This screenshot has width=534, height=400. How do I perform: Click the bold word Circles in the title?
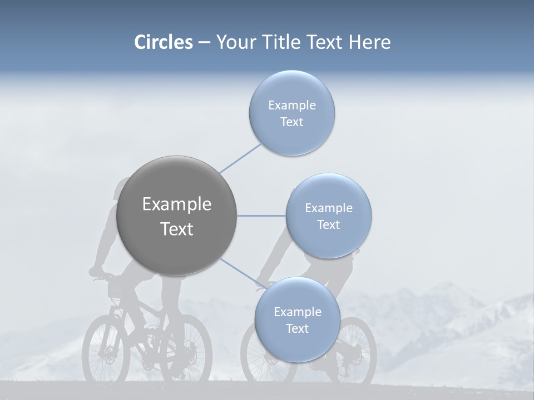163,42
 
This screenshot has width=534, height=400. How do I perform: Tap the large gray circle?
176,216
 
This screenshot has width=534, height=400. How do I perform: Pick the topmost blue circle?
291,113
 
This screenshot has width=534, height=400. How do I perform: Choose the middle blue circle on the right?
328,216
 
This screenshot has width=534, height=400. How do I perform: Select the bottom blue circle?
297,319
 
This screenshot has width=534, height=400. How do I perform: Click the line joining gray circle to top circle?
240,158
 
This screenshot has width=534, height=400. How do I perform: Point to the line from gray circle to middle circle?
261,216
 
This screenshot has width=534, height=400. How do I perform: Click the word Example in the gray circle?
176,204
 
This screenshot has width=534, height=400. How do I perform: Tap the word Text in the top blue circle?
291,122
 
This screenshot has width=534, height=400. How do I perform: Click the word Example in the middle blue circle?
328,208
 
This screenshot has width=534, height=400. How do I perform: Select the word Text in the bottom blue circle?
297,329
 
